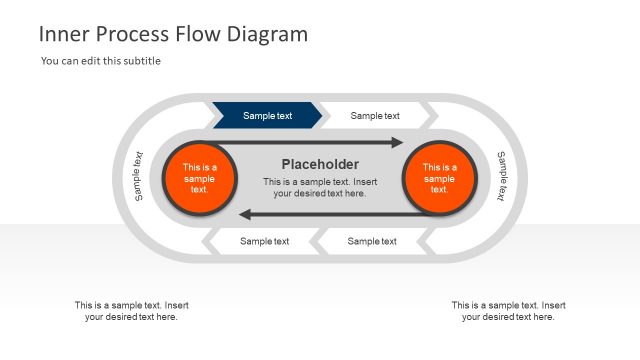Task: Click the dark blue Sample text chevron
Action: pyautogui.click(x=267, y=116)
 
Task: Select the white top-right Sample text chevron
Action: pyautogui.click(x=375, y=116)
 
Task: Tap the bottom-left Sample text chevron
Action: pyautogui.click(x=264, y=241)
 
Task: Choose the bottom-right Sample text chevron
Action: pyautogui.click(x=372, y=241)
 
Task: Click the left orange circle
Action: pyautogui.click(x=199, y=178)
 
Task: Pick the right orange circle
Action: pyautogui.click(x=439, y=178)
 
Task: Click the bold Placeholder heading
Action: pyautogui.click(x=320, y=164)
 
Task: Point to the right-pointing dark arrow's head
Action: pyautogui.click(x=397, y=142)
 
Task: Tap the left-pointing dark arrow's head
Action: pyautogui.click(x=245, y=214)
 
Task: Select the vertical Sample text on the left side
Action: pyautogui.click(x=138, y=176)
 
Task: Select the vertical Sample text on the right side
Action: pyautogui.click(x=502, y=177)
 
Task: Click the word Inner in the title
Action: pyautogui.click(x=62, y=34)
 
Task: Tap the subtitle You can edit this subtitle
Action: pyautogui.click(x=101, y=61)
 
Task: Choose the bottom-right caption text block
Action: pyautogui.click(x=508, y=311)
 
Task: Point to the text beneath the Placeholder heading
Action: pyautogui.click(x=320, y=188)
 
